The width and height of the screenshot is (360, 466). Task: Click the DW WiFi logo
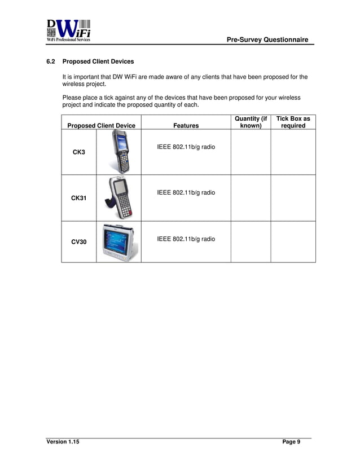(68, 30)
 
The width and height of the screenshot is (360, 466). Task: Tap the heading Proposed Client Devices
(98, 61)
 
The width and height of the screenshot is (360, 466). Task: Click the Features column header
(186, 126)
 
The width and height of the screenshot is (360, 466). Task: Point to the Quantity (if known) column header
(251, 122)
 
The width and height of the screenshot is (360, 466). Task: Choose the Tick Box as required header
(293, 122)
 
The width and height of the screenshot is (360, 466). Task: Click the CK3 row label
(78, 152)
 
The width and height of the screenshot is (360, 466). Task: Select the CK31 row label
(78, 198)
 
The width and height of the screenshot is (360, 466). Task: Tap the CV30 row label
(78, 242)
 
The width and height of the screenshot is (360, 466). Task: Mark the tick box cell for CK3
(293, 152)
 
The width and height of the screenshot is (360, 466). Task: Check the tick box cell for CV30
(293, 242)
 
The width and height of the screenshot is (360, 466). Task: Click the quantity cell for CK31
(251, 197)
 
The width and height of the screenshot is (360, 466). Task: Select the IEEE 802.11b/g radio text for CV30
(186, 239)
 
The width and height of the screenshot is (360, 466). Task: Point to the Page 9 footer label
(291, 442)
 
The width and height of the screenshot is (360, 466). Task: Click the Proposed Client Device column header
(101, 126)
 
